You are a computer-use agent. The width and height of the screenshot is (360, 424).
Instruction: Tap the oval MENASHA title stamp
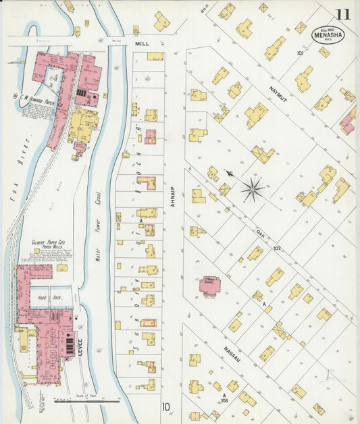click(x=328, y=34)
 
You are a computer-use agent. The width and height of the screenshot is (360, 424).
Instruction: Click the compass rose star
click(x=253, y=189)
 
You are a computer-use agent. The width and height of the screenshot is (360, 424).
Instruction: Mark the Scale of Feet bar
click(x=86, y=401)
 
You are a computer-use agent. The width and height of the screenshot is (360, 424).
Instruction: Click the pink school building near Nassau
click(x=209, y=286)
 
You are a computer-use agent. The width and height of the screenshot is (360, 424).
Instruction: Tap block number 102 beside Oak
click(x=276, y=248)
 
